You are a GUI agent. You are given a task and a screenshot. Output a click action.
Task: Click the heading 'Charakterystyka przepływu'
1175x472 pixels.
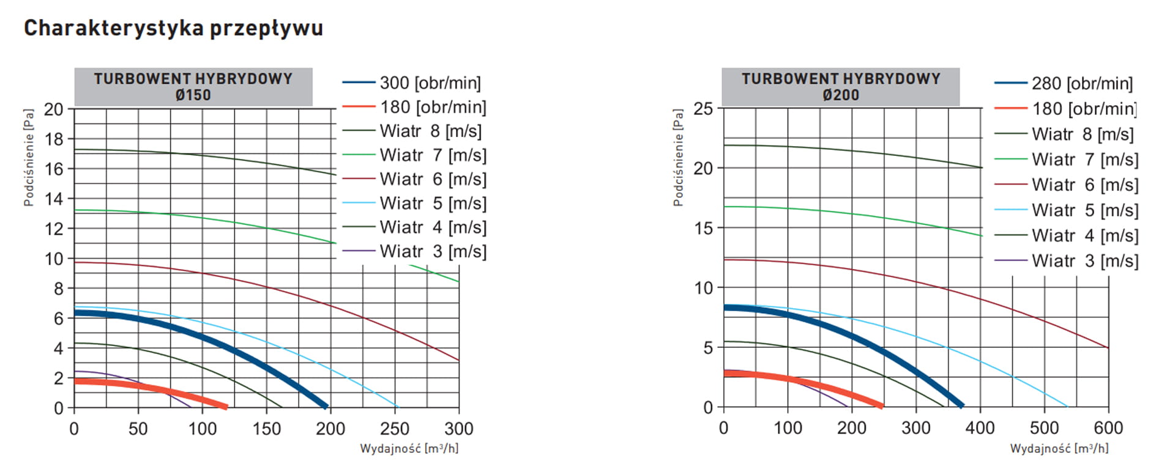tap(173, 28)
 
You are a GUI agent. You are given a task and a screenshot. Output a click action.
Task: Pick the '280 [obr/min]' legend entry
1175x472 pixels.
tap(1081, 83)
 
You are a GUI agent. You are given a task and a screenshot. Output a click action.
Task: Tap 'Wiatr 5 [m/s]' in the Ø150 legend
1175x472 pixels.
tap(433, 203)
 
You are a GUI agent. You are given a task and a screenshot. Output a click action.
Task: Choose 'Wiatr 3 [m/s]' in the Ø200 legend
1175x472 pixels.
tap(1084, 261)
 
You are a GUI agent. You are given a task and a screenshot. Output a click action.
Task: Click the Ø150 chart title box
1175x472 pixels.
tap(193, 87)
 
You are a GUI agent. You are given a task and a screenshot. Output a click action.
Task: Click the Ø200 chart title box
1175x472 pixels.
tap(840, 87)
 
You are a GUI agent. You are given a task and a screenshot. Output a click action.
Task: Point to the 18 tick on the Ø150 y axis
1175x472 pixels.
tap(54, 139)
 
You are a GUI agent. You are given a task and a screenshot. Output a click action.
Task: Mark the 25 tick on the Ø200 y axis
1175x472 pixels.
tap(704, 109)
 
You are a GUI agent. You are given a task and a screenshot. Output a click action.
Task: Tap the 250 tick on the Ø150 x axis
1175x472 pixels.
tap(394, 429)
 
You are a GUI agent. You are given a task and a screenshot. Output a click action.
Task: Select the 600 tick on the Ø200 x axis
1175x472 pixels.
tap(1108, 427)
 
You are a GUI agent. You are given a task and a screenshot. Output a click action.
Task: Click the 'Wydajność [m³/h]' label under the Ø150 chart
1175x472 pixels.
tap(409, 449)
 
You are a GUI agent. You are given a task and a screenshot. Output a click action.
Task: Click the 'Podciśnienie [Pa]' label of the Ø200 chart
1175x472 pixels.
tap(677, 158)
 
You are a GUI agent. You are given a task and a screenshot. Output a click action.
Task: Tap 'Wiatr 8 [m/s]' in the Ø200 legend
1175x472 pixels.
tap(1082, 134)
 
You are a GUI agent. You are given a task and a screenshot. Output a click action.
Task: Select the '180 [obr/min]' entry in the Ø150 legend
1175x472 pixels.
tap(433, 107)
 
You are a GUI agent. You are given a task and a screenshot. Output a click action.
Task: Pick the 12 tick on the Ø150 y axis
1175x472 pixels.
tap(54, 229)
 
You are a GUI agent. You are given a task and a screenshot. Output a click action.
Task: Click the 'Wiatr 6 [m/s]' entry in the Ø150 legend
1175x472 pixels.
tap(433, 179)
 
